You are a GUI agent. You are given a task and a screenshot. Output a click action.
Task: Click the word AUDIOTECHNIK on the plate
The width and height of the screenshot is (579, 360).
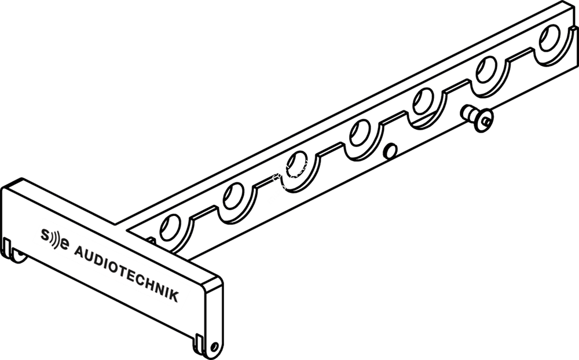pyautogui.click(x=127, y=274)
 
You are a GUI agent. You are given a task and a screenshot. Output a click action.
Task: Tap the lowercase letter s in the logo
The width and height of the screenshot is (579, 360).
pyautogui.click(x=45, y=234)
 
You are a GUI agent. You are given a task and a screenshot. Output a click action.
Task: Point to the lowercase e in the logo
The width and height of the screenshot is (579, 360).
pyautogui.click(x=64, y=244)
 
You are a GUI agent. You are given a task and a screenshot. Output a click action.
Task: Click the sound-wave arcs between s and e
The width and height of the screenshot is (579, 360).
pyautogui.click(x=54, y=239)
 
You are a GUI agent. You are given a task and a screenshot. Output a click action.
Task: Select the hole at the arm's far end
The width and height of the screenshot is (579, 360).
pyautogui.click(x=549, y=38)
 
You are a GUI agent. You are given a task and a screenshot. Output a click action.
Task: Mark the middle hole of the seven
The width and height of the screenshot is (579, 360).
pyautogui.click(x=360, y=133)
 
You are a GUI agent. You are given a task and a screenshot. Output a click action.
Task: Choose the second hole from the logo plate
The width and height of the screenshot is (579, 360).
pyautogui.click(x=233, y=196)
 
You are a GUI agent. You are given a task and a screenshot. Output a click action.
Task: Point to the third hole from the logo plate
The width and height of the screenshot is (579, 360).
pyautogui.click(x=296, y=164)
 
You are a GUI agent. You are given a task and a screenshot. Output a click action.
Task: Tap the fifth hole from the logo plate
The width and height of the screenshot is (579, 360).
pyautogui.click(x=423, y=101)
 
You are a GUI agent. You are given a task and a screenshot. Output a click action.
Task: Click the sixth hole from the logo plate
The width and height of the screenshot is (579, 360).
pyautogui.click(x=486, y=69)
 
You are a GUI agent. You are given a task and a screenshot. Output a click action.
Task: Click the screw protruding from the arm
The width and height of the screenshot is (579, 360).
pyautogui.click(x=478, y=118)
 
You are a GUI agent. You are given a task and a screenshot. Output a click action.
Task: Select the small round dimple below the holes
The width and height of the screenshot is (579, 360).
pyautogui.click(x=390, y=151)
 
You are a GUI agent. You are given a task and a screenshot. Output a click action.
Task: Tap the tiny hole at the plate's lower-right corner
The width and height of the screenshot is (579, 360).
pyautogui.click(x=214, y=347)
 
